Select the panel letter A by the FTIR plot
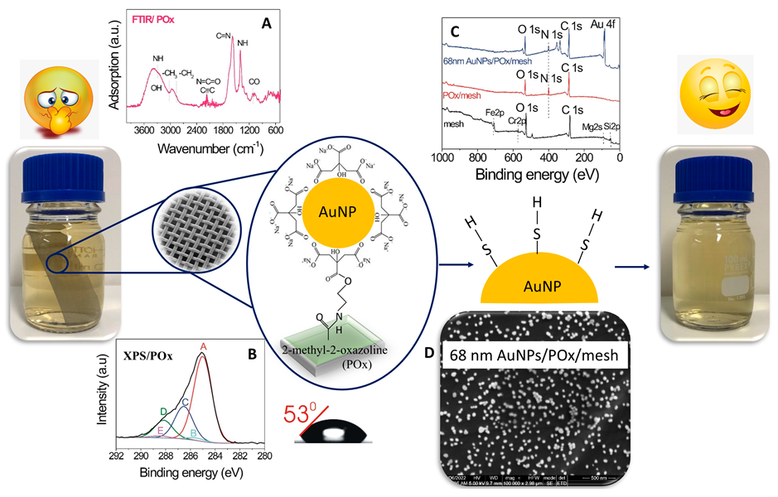tap(266, 25)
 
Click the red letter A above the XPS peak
tap(204, 346)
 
